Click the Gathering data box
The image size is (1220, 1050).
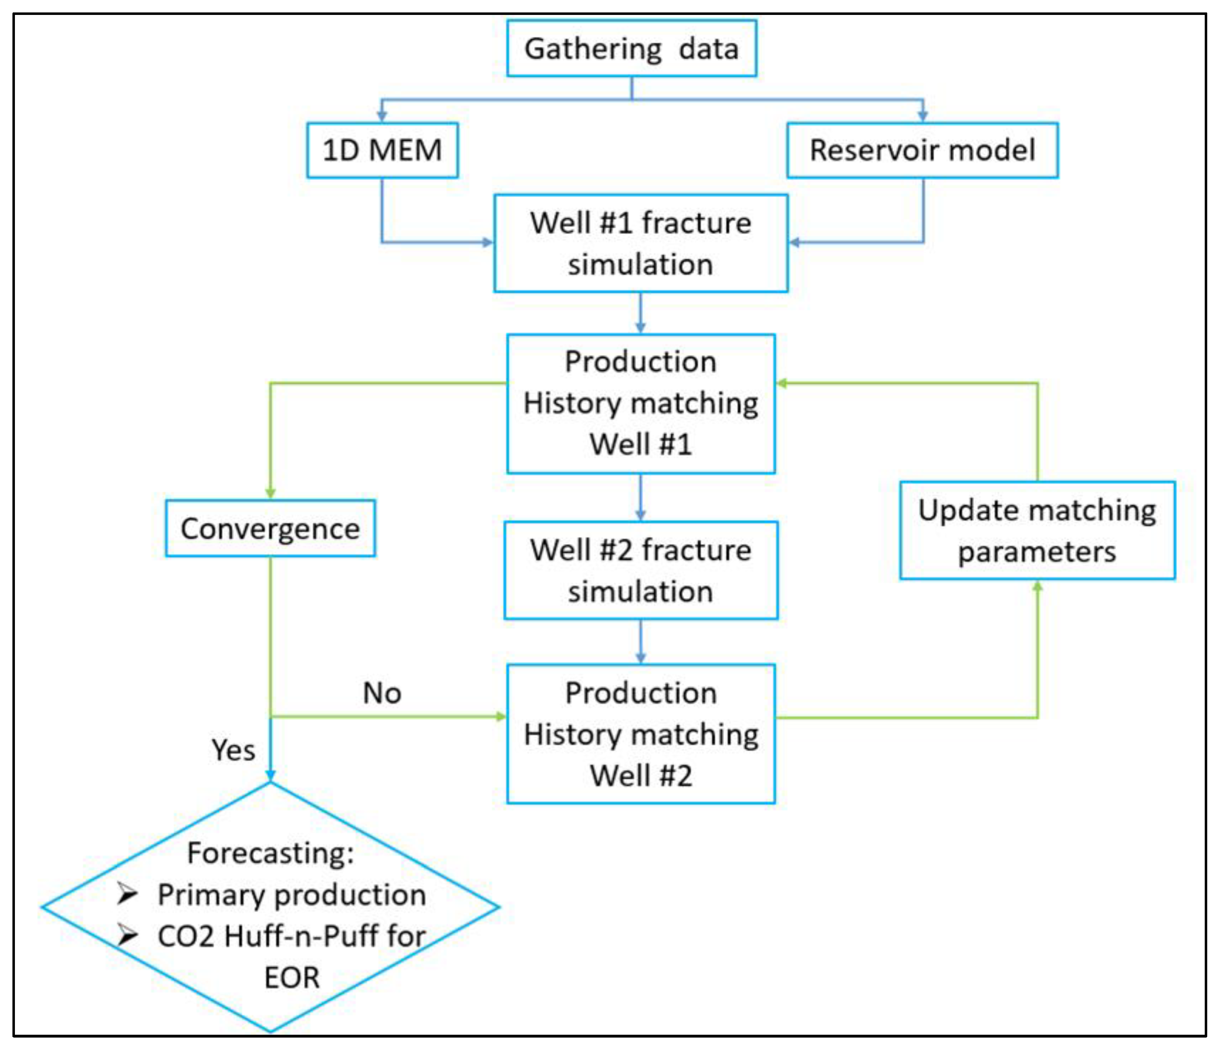coord(631,48)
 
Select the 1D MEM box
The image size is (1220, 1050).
coord(382,150)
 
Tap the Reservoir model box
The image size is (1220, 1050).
coord(922,150)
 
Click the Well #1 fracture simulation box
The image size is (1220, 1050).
coord(641,243)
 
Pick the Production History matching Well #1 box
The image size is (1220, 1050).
coord(641,403)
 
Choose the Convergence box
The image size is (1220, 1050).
coord(270,528)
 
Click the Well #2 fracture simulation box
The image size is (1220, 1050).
coord(641,570)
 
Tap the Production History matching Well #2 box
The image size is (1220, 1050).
coord(641,734)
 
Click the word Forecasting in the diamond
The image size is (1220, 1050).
coord(270,853)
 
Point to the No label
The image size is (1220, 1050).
coord(382,693)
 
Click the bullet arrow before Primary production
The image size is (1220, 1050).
coord(127,894)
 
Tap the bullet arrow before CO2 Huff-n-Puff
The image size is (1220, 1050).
coord(127,935)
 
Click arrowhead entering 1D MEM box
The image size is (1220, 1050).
coord(382,116)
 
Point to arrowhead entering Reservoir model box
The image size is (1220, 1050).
coord(923,116)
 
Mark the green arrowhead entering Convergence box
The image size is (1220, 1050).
coord(270,493)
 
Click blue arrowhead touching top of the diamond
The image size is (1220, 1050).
coord(270,775)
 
